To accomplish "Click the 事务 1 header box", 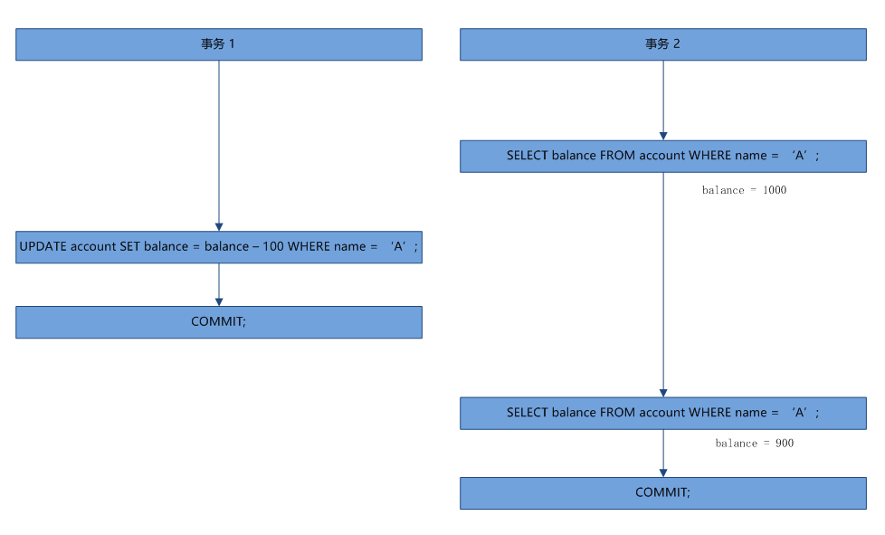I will coord(219,44).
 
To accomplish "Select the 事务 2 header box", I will coord(662,44).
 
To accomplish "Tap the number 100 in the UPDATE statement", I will coord(273,247).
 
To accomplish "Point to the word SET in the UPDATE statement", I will coord(131,247).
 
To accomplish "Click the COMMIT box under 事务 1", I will coord(219,322).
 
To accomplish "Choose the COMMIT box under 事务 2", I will coord(662,493).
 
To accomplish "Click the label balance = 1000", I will coord(744,190).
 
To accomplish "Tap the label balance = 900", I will coord(754,444).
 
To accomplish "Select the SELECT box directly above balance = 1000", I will coord(662,156).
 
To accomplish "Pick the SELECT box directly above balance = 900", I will coord(662,413).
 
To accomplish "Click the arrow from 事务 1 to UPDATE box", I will coord(219,145).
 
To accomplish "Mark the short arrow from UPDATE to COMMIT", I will coord(219,284).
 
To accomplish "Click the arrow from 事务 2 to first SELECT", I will coord(663,100).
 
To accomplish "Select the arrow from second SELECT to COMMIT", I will coord(663,453).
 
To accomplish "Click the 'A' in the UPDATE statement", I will coord(398,247).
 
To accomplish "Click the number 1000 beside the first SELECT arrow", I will coord(774,190).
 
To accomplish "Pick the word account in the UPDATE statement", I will coord(93,247).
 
